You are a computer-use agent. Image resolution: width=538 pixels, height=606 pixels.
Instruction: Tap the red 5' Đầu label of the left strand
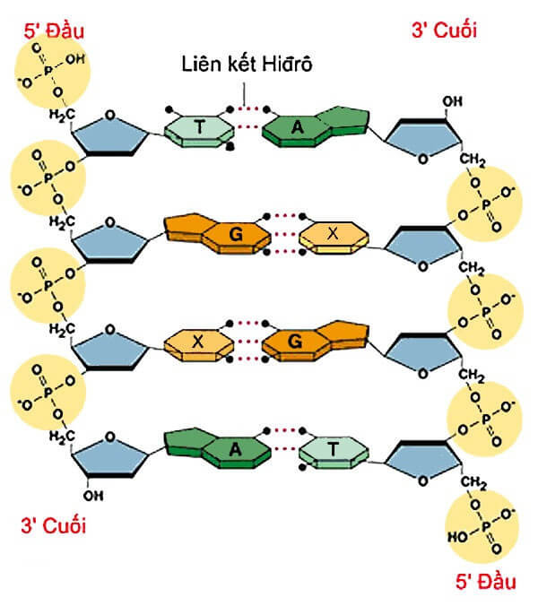click(54, 29)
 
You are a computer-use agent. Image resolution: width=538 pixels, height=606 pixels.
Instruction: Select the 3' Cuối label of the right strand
click(443, 30)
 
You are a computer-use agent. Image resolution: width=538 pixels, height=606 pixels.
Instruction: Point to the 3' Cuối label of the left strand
click(53, 525)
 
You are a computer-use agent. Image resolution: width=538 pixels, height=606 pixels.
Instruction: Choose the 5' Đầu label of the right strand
click(485, 581)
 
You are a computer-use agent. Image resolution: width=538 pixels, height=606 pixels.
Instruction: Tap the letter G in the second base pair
click(237, 235)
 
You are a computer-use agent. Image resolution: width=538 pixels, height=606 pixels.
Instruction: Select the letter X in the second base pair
click(333, 234)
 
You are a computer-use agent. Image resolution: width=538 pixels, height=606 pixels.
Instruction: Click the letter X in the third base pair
click(199, 341)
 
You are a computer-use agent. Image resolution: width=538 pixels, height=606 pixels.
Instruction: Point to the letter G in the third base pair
click(296, 341)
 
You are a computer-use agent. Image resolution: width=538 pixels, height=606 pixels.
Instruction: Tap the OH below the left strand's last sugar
click(91, 494)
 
